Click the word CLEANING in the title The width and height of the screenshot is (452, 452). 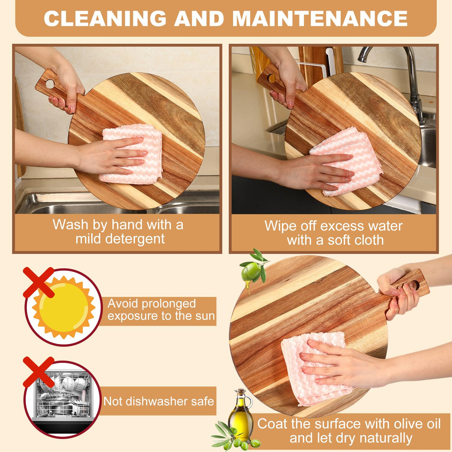(x=105, y=19)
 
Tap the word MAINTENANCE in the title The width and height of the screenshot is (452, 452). (x=320, y=19)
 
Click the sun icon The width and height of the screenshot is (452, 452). (x=64, y=308)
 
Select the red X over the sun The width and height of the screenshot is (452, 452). (x=39, y=282)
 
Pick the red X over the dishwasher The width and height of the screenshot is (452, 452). (x=38, y=372)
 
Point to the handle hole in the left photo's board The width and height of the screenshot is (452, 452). (x=50, y=84)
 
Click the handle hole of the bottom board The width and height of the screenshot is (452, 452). (x=415, y=286)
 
